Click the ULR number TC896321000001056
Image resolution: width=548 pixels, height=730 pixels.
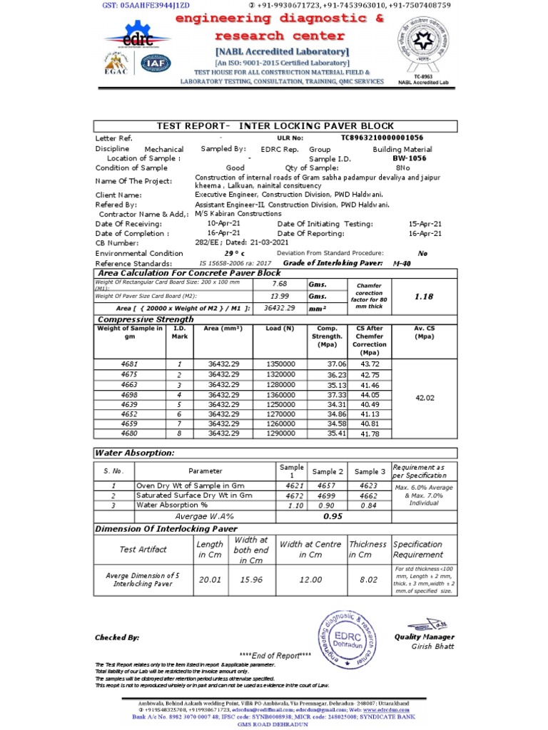382,138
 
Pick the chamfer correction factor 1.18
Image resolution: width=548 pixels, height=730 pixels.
423,296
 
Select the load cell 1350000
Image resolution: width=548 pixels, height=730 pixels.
280,364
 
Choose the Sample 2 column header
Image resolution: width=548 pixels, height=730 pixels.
328,471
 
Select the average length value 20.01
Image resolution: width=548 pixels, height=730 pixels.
210,580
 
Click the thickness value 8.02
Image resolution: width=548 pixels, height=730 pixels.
368,580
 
